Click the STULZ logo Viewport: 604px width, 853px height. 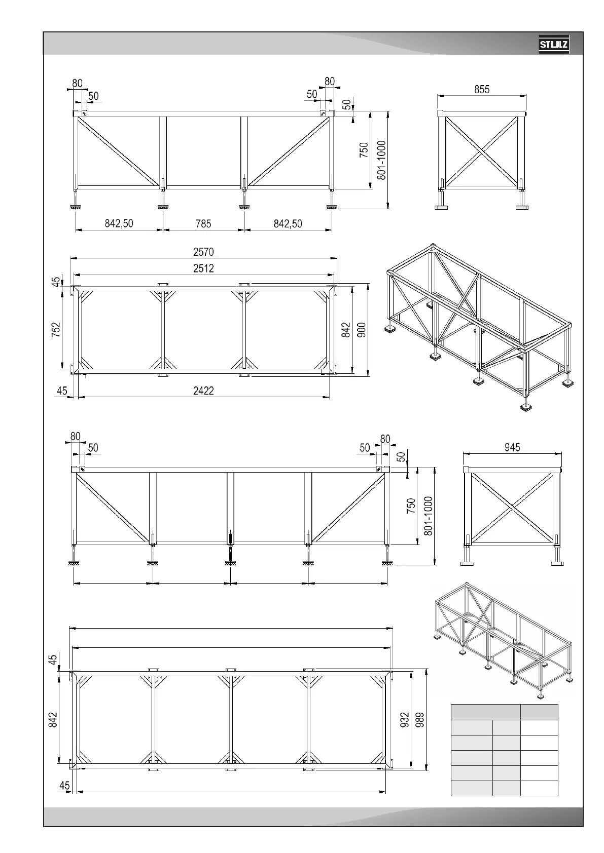(x=554, y=45)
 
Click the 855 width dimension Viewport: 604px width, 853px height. (x=482, y=89)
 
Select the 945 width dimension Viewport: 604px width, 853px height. (x=512, y=447)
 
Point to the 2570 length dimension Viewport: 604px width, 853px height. (x=203, y=251)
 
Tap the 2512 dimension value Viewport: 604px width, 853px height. (x=203, y=268)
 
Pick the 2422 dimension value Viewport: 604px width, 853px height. (x=203, y=391)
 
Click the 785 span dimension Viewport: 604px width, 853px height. (x=203, y=223)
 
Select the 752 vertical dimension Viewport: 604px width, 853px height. (x=56, y=329)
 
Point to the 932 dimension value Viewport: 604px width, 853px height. (x=405, y=720)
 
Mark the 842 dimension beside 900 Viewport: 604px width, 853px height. (x=346, y=330)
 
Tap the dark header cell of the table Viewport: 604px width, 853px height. (x=539, y=712)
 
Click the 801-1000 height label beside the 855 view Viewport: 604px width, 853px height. (x=382, y=160)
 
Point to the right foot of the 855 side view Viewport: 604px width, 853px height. (x=522, y=206)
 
